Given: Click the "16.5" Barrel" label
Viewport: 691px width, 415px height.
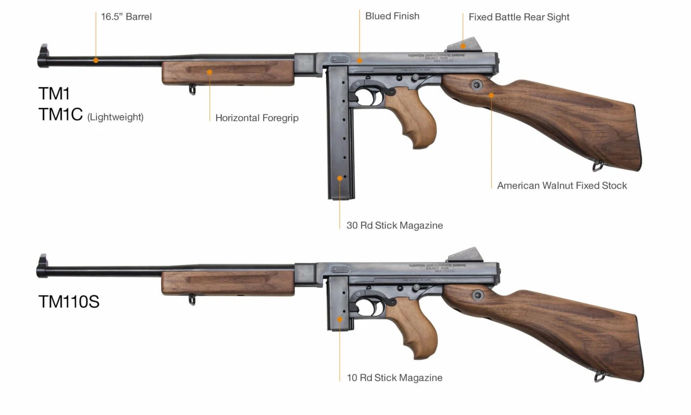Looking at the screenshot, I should click(x=126, y=17).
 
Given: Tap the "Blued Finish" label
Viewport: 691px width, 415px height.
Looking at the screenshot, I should click(x=392, y=16).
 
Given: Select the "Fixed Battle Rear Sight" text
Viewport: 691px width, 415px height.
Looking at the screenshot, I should click(x=519, y=17).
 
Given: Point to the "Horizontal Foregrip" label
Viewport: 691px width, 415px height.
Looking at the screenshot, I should click(x=256, y=118).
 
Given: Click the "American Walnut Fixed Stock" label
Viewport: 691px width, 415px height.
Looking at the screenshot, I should click(x=561, y=185).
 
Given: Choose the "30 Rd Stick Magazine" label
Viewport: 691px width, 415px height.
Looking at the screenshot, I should click(x=394, y=226).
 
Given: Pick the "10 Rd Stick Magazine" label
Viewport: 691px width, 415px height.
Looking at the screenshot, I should click(x=394, y=378).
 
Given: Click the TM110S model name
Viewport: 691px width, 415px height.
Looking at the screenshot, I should click(x=68, y=302).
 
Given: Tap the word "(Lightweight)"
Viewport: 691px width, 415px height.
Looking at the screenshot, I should click(x=115, y=117).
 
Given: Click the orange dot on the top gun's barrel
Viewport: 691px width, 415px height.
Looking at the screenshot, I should click(x=96, y=60).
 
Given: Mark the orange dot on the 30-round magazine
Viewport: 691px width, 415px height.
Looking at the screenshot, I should click(x=340, y=178).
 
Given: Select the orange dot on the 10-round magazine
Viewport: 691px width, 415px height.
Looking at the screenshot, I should click(x=340, y=320).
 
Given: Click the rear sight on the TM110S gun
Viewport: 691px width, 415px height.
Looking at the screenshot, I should click(x=466, y=254).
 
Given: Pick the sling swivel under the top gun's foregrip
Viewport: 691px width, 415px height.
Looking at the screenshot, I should click(x=192, y=90).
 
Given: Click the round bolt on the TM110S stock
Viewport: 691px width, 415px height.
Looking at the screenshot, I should click(x=478, y=295).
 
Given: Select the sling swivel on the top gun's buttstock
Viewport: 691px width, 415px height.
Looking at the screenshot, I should click(x=597, y=166).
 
